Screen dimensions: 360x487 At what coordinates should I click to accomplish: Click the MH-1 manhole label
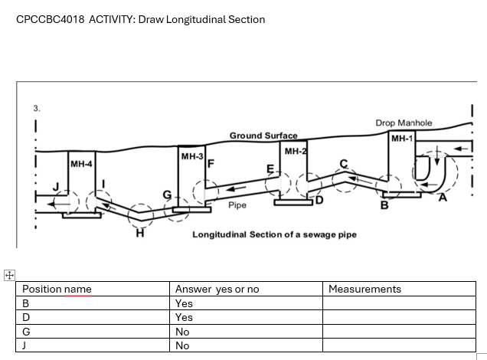401,139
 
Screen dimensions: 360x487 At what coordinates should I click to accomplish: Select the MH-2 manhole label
295,152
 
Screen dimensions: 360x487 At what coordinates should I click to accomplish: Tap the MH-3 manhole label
191,156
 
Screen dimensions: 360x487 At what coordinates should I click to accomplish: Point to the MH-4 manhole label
81,164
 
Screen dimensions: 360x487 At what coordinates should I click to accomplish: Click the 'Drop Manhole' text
404,123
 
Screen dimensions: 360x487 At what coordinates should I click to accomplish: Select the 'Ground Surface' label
263,136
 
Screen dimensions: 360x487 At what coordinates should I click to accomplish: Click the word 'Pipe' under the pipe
237,205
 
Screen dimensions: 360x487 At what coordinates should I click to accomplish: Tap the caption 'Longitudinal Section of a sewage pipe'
274,234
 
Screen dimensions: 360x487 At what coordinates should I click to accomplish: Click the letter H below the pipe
139,234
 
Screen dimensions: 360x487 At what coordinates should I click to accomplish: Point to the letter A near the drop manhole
442,198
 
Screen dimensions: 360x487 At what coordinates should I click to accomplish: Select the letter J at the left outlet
55,187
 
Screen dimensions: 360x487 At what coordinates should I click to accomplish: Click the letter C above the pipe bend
344,163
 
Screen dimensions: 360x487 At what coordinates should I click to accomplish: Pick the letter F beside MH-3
211,163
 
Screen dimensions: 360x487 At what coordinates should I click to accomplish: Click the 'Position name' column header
57,289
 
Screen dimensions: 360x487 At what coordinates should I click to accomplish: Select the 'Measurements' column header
364,289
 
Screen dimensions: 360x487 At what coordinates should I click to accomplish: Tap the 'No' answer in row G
182,332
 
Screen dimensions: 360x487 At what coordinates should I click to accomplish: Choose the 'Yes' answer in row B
184,303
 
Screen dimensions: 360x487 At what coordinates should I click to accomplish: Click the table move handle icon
8,275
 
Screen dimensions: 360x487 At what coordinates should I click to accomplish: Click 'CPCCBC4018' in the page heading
50,19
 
